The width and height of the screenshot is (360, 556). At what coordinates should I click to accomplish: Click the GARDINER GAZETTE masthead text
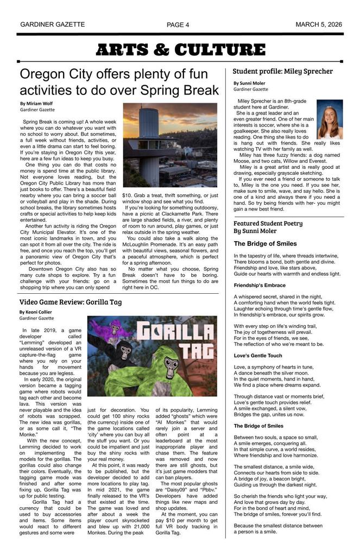[x=52, y=24]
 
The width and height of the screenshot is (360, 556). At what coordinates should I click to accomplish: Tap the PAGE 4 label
[x=178, y=25]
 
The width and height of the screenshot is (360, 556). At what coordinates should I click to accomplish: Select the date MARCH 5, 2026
[x=318, y=24]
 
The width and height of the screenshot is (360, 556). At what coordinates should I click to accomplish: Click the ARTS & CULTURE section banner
[x=180, y=50]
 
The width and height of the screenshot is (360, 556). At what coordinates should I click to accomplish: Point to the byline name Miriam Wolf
[x=40, y=103]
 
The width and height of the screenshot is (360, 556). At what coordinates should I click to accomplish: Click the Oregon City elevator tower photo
[x=169, y=145]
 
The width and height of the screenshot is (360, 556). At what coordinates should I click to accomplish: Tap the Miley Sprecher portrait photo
[x=330, y=119]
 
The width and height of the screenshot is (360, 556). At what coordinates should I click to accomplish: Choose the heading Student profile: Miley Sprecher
[x=282, y=71]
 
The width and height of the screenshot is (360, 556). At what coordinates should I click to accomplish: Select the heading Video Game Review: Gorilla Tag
[x=70, y=302]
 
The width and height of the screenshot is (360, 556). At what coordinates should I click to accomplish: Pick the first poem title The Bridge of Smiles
[x=265, y=244]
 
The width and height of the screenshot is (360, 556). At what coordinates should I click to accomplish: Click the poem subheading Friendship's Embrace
[x=260, y=285]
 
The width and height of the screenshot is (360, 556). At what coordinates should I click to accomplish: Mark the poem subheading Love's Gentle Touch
[x=258, y=356]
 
